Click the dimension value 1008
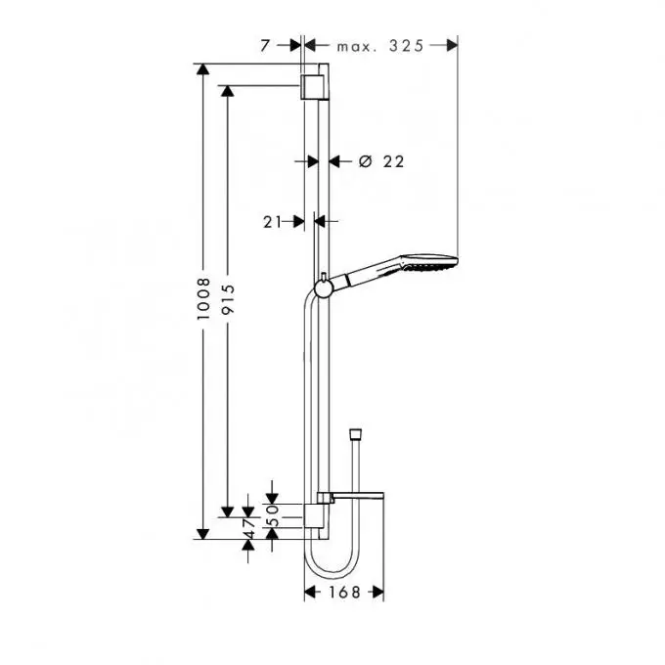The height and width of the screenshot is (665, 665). point(203,299)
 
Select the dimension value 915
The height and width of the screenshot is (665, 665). point(228,299)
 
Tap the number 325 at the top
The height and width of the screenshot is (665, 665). point(406,46)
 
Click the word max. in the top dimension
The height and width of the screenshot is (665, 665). point(357,47)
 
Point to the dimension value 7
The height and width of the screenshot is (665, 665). point(265,46)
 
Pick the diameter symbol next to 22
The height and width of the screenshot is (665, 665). point(365,161)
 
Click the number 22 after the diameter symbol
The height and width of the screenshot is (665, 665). point(393,161)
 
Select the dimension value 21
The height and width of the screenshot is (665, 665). point(272,222)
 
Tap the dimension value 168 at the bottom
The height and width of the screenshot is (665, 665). point(344,592)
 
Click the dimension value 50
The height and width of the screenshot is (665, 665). point(273,515)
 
